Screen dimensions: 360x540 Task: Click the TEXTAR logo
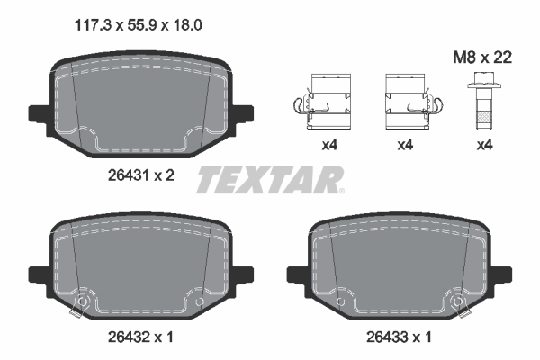(x=270, y=180)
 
